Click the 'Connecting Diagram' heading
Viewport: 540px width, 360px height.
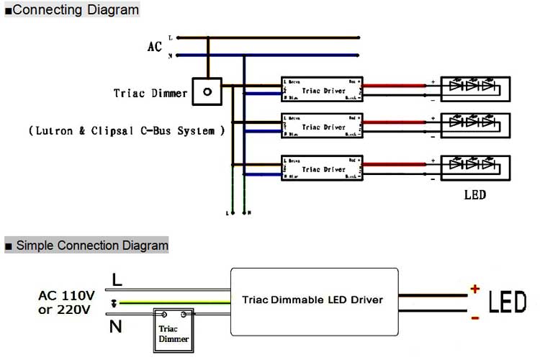tap(75, 10)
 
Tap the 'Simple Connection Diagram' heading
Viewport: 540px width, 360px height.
tap(90, 246)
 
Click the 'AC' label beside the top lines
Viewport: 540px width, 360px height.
tap(155, 47)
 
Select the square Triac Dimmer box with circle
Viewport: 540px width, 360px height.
tap(208, 92)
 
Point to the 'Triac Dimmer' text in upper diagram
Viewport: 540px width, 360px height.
tap(150, 94)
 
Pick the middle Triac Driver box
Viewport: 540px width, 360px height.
tap(322, 127)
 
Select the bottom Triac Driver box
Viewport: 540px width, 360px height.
tap(322, 169)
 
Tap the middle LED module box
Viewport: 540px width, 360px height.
tap(474, 125)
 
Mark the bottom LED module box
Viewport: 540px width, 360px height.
tap(474, 166)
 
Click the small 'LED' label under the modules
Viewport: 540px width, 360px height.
tap(474, 195)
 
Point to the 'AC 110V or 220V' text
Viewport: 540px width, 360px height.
tap(65, 302)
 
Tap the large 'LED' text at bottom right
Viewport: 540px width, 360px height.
tap(508, 302)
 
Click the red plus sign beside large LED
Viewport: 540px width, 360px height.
tap(474, 289)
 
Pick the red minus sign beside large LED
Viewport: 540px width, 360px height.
tap(474, 318)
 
